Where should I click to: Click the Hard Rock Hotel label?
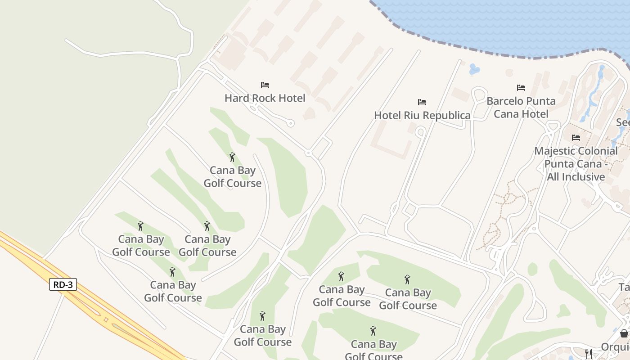265,98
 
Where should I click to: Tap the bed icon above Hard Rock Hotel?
265,85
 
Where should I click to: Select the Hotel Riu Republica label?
422,115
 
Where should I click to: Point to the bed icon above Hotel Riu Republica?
422,102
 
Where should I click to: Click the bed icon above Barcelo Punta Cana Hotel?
521,88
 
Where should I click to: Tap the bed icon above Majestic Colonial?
576,138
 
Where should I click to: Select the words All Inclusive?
576,177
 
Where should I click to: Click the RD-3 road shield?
63,284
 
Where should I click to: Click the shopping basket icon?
624,333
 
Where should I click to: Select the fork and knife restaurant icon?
588,354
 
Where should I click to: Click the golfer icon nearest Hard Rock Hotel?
232,157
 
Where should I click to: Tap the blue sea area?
495,22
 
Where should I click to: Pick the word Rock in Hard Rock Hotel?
266,98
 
